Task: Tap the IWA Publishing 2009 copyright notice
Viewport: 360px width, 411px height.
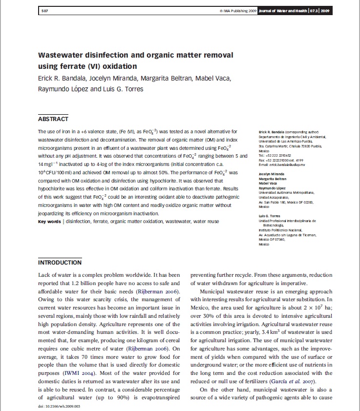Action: [239, 11]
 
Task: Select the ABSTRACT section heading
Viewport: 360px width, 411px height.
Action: [53, 119]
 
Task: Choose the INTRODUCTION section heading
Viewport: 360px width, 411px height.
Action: [60, 263]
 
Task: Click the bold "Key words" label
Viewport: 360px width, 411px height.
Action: [50, 222]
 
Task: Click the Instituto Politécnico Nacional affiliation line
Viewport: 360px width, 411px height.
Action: [280, 230]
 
